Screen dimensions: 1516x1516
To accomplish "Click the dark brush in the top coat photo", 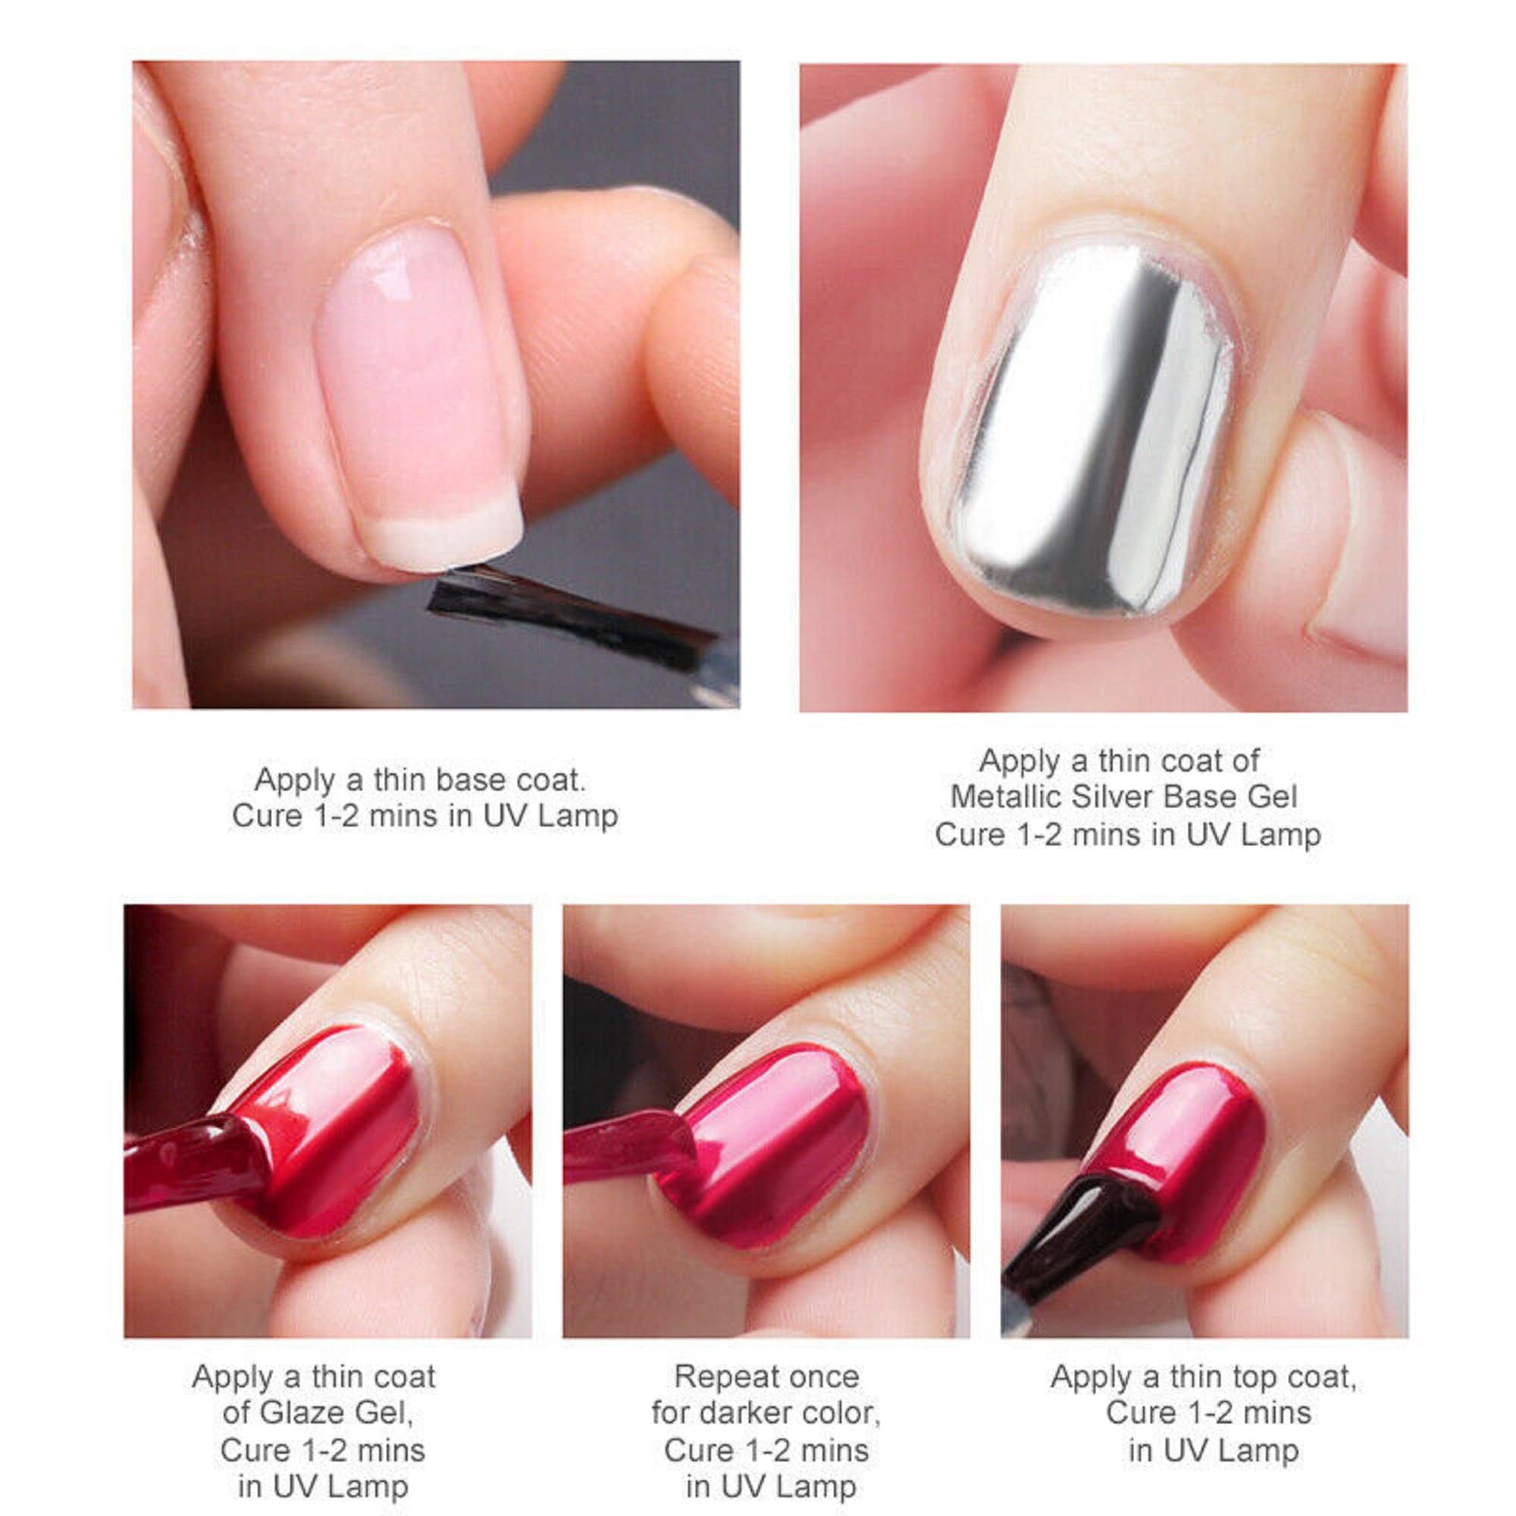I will click(x=1075, y=1224).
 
